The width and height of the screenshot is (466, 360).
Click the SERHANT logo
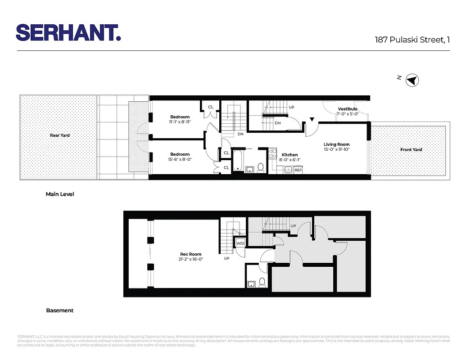[x=68, y=32]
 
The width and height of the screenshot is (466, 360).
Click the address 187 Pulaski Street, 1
[x=412, y=40]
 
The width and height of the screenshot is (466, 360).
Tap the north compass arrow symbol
[x=412, y=81]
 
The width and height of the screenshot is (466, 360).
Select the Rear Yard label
[x=59, y=135]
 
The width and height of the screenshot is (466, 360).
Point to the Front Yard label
[x=411, y=149]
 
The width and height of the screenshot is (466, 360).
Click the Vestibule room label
[x=348, y=109]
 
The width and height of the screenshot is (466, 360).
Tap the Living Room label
[x=336, y=144]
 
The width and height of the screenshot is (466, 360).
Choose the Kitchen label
[x=290, y=155]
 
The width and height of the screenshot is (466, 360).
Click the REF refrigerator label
[x=298, y=170]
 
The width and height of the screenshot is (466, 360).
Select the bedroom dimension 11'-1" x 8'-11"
[x=180, y=122]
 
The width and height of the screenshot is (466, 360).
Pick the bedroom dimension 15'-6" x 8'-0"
[x=180, y=159]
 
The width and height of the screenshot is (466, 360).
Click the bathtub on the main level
[x=238, y=161]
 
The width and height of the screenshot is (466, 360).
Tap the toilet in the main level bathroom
[x=260, y=167]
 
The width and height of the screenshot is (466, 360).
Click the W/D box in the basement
[x=240, y=243]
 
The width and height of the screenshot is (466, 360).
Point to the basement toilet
[x=262, y=282]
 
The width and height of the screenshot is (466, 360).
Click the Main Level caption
[x=60, y=194]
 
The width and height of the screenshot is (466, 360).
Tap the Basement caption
[x=60, y=310]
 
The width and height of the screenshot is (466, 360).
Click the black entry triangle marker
[x=312, y=120]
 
